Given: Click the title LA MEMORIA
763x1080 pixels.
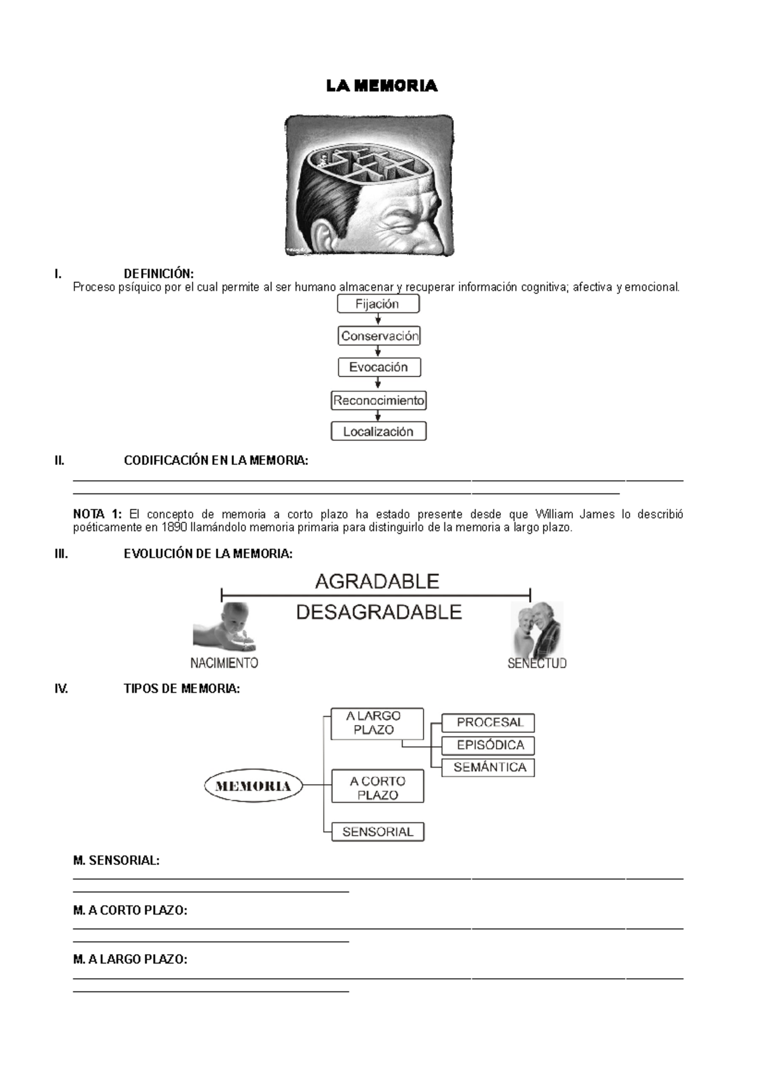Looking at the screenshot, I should tap(381, 86).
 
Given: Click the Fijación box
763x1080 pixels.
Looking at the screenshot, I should tap(378, 304).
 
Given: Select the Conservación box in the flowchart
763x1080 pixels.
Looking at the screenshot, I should tap(379, 336).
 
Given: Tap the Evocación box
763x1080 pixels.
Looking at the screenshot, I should tap(378, 367).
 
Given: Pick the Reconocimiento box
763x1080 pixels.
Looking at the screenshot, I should tap(378, 401).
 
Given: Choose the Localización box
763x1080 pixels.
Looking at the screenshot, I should tap(378, 431).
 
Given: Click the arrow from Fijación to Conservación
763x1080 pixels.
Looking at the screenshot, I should tap(378, 320).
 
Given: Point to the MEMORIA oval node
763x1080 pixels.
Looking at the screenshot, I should tap(253, 786).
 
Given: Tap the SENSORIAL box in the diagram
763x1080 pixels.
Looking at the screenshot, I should tap(378, 831).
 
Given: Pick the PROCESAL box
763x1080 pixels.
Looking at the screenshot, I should tap(488, 723).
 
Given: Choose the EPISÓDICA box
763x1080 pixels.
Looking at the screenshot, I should tap(488, 745).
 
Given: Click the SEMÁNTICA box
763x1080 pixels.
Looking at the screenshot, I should tap(488, 767).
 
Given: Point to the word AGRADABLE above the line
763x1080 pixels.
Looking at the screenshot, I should tap(377, 581).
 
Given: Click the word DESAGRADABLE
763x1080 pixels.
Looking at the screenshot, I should tap(379, 612).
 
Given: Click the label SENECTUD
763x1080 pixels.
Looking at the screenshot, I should tap(537, 663).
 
